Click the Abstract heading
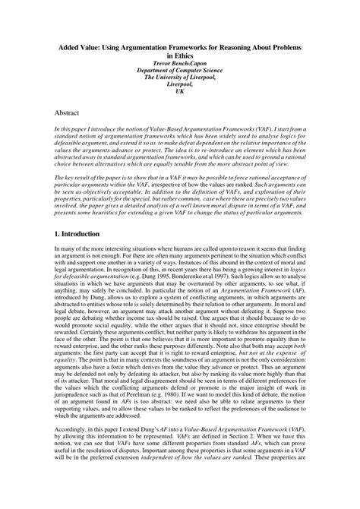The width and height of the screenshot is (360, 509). (71, 112)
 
